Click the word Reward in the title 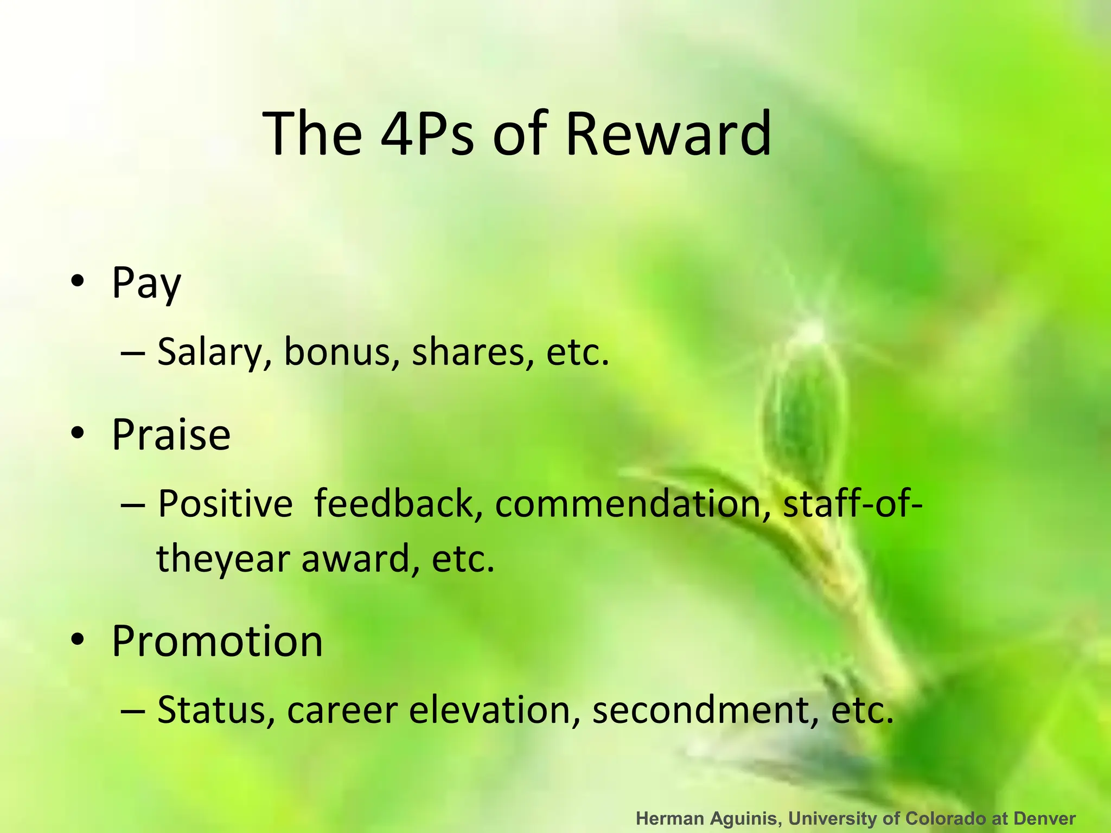(x=668, y=133)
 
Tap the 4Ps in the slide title (x=426, y=133)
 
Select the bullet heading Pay (x=146, y=283)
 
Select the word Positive (x=225, y=504)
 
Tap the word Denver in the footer (x=1044, y=818)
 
